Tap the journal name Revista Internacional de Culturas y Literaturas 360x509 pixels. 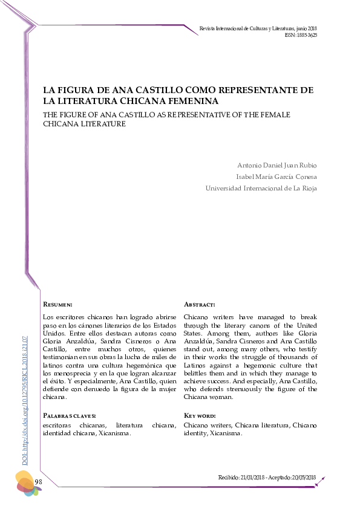click(x=247, y=28)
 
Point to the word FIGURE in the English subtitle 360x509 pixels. click(x=78, y=114)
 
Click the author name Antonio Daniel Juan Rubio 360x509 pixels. click(x=277, y=166)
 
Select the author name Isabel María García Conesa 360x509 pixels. click(x=276, y=177)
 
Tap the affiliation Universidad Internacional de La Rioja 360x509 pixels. click(x=261, y=188)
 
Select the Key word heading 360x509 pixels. click(x=199, y=416)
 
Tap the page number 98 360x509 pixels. click(x=38, y=481)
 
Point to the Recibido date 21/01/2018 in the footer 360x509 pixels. click(x=253, y=478)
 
